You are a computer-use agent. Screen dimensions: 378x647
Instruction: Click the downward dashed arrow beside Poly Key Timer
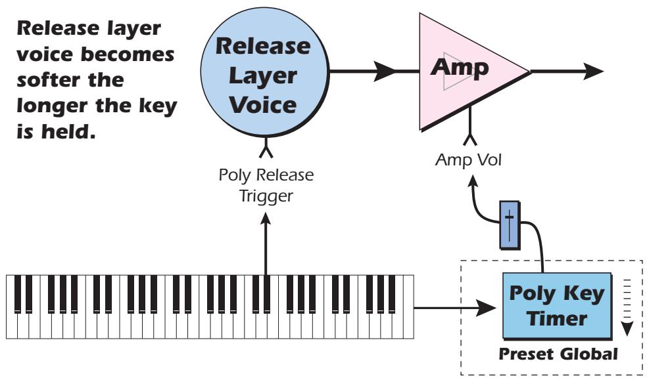pyautogui.click(x=627, y=325)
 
